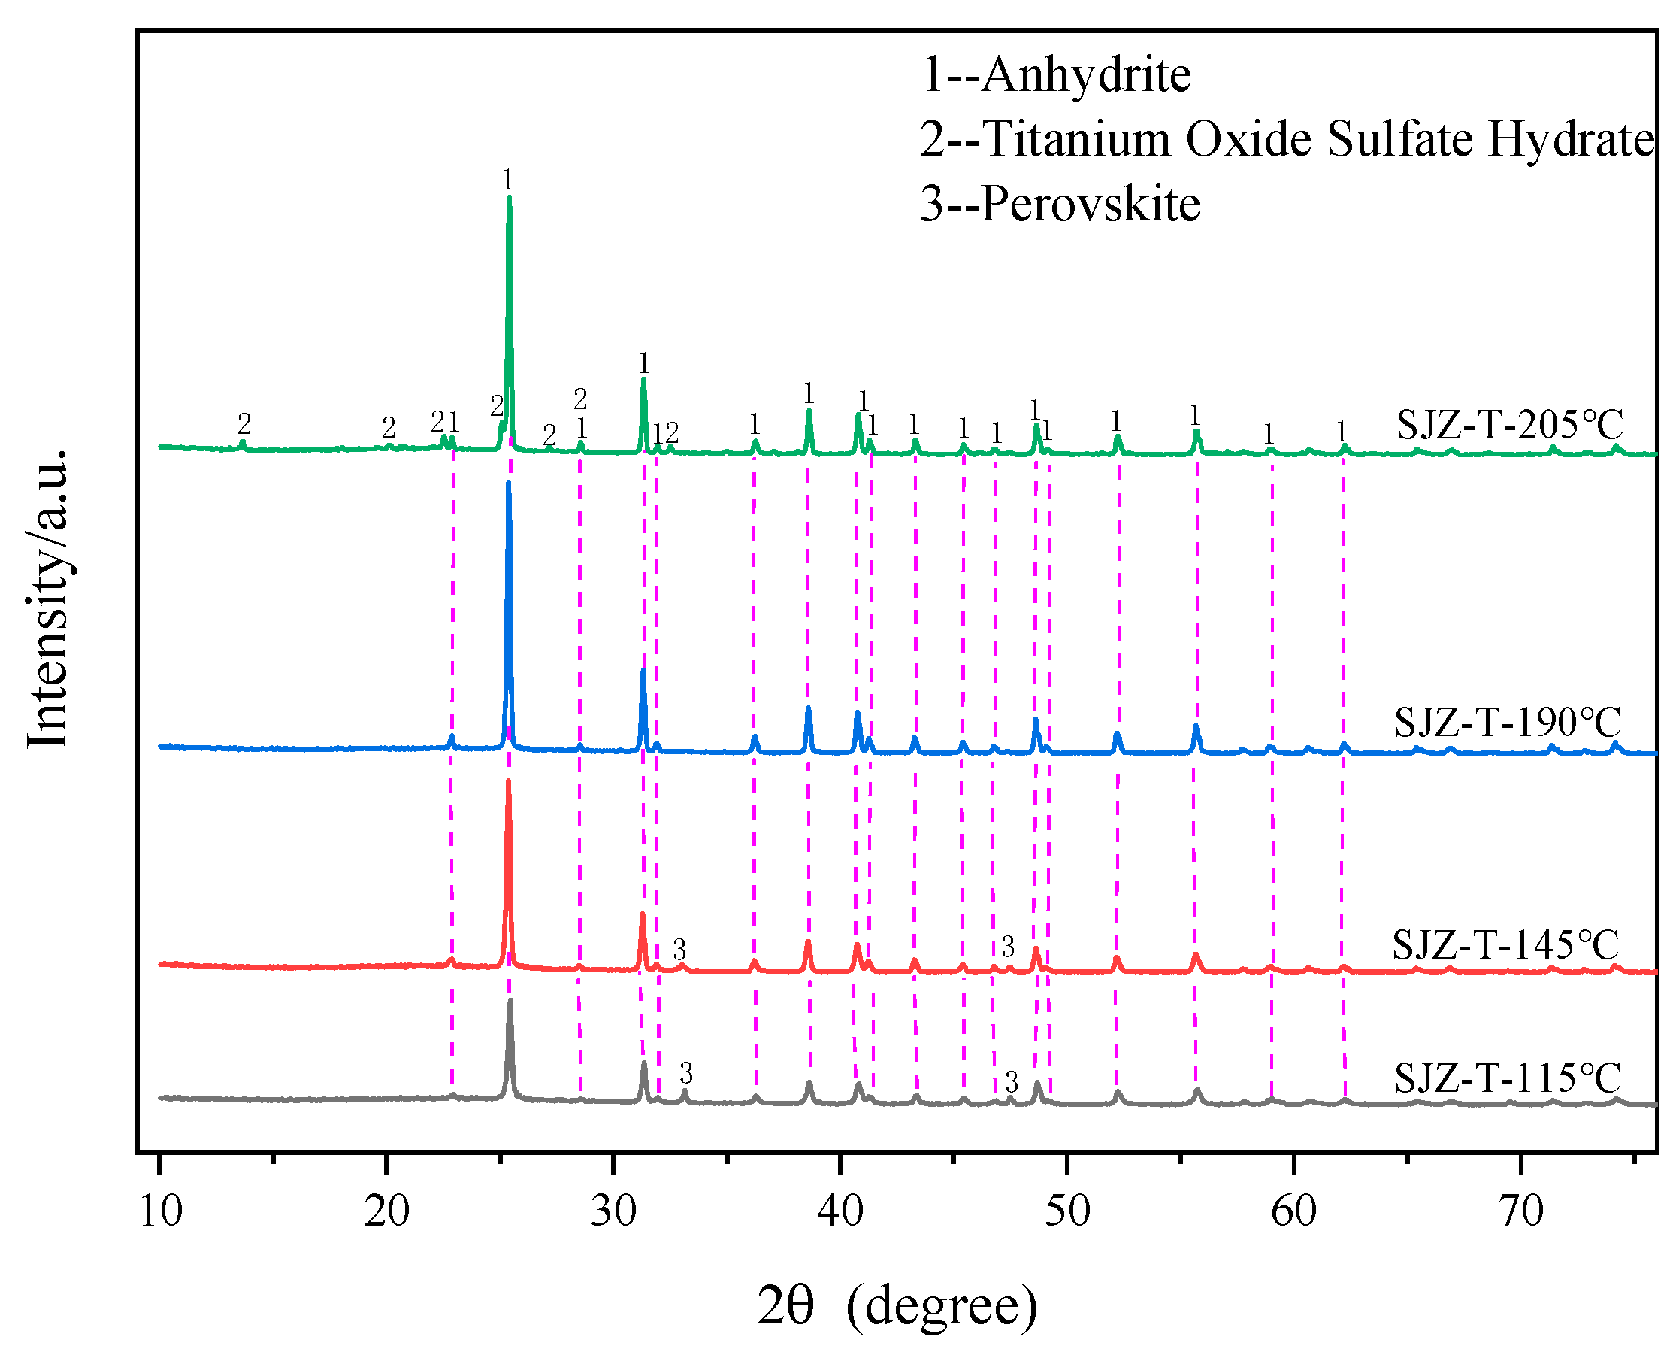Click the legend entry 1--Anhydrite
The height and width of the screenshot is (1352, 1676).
(1054, 75)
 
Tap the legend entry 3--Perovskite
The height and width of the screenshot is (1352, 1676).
(1060, 204)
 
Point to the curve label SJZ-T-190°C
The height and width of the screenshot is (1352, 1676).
(1507, 723)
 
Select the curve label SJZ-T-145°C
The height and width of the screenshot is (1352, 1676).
(1505, 945)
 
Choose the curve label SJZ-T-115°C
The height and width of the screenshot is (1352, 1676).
(1507, 1078)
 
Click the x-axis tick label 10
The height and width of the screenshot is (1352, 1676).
(160, 1212)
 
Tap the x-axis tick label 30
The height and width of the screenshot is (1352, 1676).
(613, 1212)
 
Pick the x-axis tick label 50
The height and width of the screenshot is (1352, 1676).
(1066, 1212)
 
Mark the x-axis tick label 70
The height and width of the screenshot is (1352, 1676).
(1520, 1212)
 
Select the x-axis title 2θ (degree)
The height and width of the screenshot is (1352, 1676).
(897, 1305)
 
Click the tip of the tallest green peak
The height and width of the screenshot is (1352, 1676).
(509, 198)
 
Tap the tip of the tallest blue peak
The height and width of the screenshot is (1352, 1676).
(508, 484)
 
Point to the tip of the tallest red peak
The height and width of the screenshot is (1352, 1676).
(508, 781)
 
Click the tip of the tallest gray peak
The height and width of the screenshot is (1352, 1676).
(510, 1001)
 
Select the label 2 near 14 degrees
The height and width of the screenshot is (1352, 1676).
(244, 424)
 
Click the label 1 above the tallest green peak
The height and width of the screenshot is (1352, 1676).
(507, 180)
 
